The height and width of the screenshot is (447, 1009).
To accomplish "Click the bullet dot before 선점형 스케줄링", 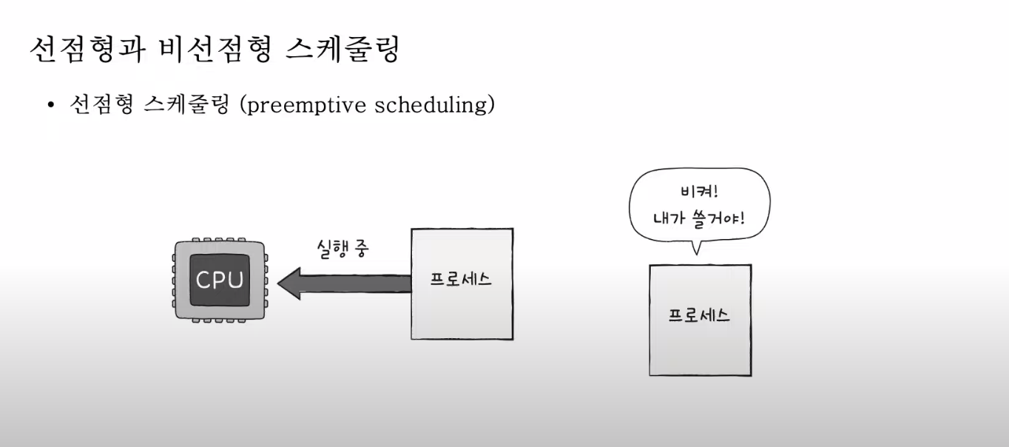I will (x=51, y=106).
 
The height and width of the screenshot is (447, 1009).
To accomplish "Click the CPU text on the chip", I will (x=220, y=280).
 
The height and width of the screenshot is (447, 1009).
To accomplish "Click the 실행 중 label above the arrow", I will (x=342, y=249).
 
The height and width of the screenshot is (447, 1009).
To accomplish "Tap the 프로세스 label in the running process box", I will (x=461, y=280).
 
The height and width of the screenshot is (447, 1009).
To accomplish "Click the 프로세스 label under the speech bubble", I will (x=699, y=315).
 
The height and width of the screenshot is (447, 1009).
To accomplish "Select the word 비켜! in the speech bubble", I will (x=699, y=192).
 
